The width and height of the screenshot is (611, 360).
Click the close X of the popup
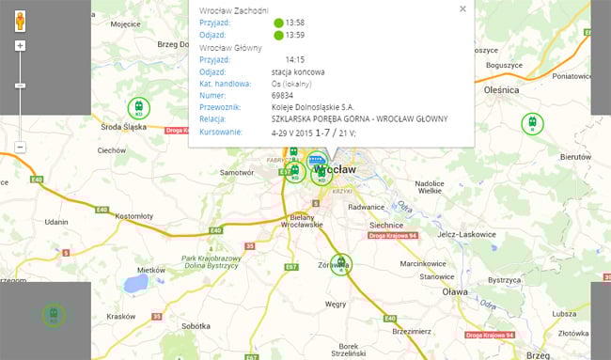pos(462,8)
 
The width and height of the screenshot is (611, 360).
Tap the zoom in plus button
pos(20,45)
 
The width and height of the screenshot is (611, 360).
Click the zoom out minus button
pos(20,148)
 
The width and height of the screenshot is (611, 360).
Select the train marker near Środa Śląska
pos(139,108)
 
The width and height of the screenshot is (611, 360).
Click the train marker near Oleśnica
pos(532,123)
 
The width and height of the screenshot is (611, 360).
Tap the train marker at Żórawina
pos(340,265)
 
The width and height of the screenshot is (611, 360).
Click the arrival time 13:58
pos(294,23)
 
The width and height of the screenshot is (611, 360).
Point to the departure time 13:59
pos(294,35)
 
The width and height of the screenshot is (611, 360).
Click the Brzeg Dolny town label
pos(180,43)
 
